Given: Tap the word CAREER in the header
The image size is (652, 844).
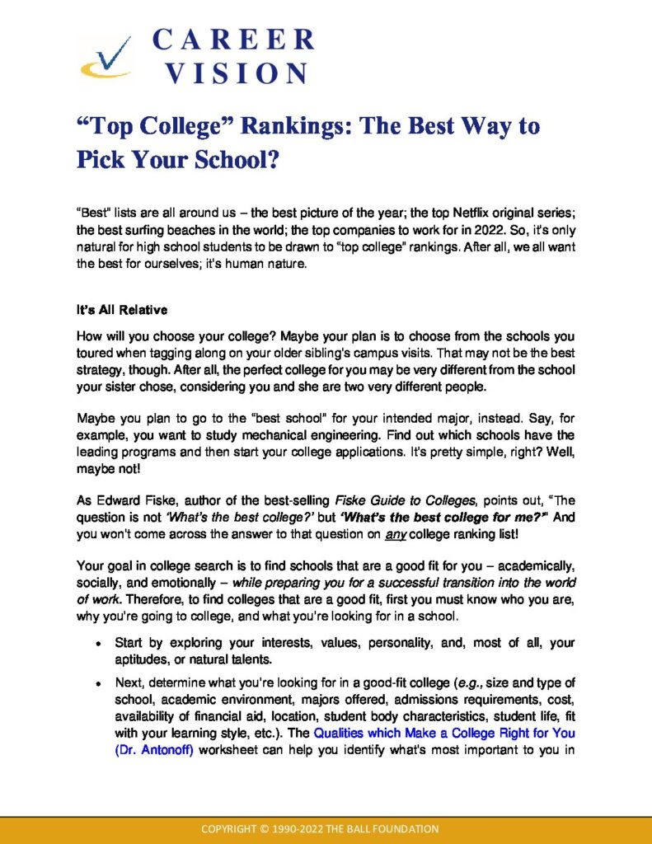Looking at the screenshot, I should point(233,40).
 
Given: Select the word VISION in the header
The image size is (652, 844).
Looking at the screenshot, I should point(237,73).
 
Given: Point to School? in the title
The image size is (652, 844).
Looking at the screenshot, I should point(229,160).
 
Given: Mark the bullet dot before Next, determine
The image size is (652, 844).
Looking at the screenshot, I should point(98,685).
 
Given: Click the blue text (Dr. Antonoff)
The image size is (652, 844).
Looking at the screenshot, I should point(154,749).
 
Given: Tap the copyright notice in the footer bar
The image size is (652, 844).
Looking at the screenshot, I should point(326,829).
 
